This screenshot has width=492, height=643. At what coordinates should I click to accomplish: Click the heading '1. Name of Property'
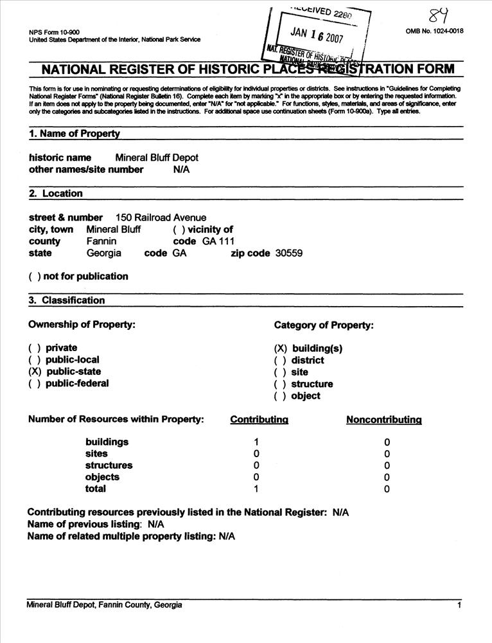coord(75,134)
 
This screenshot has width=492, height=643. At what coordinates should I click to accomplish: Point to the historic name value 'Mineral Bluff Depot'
coord(157,158)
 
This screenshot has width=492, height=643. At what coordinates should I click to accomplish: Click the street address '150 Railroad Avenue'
coord(161,218)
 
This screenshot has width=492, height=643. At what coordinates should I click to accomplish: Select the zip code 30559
coord(289,253)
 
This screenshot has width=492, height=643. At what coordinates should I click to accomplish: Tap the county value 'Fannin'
coord(101,241)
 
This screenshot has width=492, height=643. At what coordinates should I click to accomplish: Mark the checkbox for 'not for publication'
coord(35,276)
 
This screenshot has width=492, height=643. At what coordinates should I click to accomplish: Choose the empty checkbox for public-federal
coord(35,384)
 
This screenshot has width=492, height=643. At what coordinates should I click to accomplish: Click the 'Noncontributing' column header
coord(383,420)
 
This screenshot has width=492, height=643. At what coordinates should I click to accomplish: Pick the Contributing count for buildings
coord(256,442)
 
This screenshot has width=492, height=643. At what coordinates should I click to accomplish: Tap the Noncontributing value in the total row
coord(387,489)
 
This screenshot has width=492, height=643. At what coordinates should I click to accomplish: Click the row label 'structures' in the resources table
coord(109,466)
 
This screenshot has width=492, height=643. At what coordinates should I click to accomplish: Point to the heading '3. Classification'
coord(67,300)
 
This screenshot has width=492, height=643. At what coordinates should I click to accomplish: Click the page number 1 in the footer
coord(459,605)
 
